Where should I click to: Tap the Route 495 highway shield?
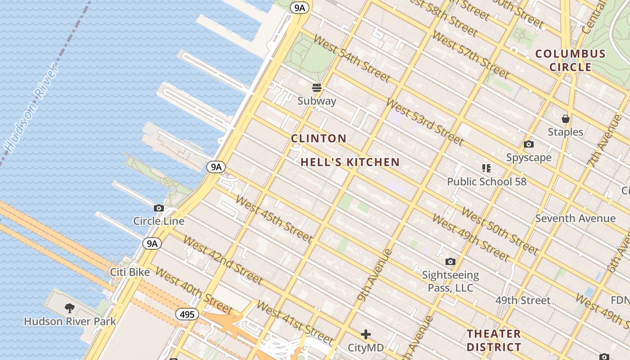click(x=187, y=314)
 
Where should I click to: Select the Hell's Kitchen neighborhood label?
click(x=350, y=162)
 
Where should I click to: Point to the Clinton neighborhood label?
click(x=319, y=139)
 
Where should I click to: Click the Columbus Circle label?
click(x=570, y=60)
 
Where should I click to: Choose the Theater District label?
click(x=494, y=340)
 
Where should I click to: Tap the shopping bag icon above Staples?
click(x=566, y=119)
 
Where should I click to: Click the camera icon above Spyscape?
click(x=529, y=144)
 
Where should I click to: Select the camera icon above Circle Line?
click(x=159, y=208)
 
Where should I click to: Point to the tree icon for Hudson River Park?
click(x=70, y=308)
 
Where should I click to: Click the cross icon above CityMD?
click(x=366, y=334)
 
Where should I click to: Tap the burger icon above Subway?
click(x=317, y=88)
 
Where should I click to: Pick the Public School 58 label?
click(x=486, y=182)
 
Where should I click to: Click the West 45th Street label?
click(x=273, y=218)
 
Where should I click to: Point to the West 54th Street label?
click(x=351, y=58)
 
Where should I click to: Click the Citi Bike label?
click(x=130, y=272)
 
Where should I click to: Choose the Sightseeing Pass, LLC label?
click(x=450, y=281)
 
